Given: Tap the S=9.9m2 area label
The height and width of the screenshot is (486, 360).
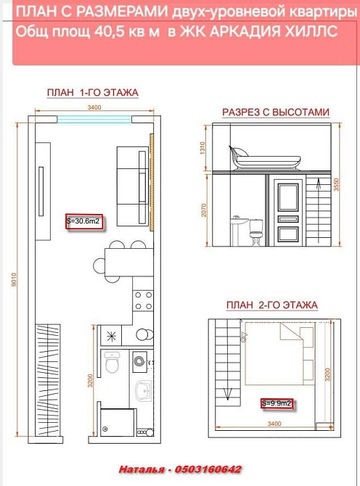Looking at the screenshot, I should (276, 402).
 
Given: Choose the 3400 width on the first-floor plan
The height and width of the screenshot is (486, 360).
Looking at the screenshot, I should (93, 107).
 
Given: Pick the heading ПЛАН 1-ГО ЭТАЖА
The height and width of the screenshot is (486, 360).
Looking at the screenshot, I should (92, 92).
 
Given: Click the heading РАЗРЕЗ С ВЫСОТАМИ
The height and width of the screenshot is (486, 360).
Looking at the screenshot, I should (275, 112).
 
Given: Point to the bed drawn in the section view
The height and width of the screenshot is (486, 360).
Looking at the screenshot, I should (265, 155).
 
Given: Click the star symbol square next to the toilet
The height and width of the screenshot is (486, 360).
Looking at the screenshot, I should (112, 337).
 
